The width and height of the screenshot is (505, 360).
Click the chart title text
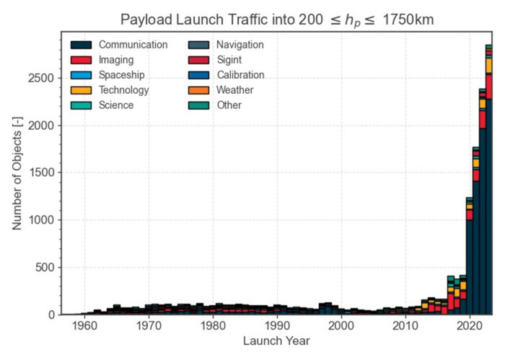pyautogui.click(x=277, y=19)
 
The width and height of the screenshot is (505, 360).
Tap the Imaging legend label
pyautogui.click(x=115, y=60)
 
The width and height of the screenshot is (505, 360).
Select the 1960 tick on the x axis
pyautogui.click(x=85, y=325)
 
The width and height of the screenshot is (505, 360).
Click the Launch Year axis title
pyautogui.click(x=277, y=341)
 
